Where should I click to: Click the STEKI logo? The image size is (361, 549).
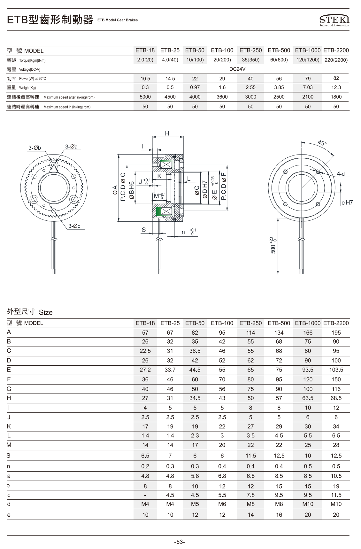[x=334, y=20]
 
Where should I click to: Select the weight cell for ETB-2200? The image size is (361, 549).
[x=336, y=87]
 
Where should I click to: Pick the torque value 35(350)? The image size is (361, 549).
[x=250, y=60]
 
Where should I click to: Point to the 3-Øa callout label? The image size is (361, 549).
[x=71, y=147]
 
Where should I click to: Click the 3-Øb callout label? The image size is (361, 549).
[x=35, y=147]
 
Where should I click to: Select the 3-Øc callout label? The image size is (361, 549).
[x=74, y=226]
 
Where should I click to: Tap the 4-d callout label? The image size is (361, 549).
[x=341, y=174]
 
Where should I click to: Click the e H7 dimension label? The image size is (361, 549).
[x=347, y=203]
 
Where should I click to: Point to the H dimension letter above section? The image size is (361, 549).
[x=167, y=133]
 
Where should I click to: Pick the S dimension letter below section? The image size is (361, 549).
[x=144, y=230]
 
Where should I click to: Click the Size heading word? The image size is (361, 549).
[x=46, y=312]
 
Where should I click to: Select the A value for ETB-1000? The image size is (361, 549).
[x=308, y=332]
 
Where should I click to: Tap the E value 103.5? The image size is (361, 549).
[x=336, y=370]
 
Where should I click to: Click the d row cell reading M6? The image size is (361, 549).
[x=222, y=504]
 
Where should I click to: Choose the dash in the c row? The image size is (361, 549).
[x=145, y=495]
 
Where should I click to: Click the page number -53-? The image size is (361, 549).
[x=180, y=542]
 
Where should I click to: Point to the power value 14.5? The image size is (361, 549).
[x=170, y=78]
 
